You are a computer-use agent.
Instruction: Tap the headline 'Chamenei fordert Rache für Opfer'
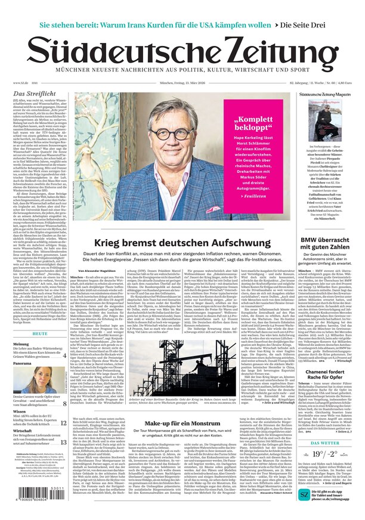pyautogui.click(x=326, y=391)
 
